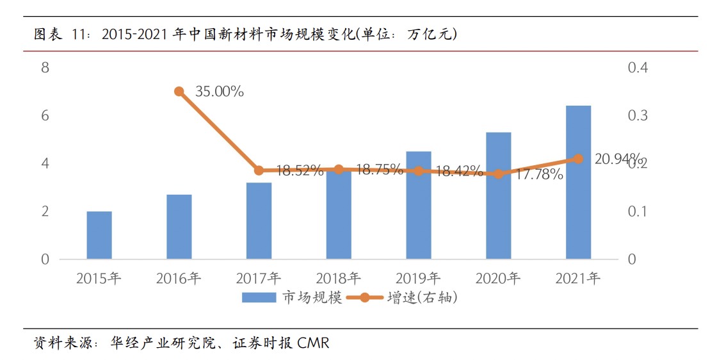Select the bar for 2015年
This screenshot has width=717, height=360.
(99, 235)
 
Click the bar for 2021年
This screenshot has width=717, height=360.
(578, 183)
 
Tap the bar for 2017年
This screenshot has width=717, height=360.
(259, 221)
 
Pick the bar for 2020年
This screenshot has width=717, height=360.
(498, 195)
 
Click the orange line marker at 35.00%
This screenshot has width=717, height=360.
(179, 92)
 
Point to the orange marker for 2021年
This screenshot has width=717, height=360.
(578, 159)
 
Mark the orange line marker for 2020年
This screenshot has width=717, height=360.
(498, 174)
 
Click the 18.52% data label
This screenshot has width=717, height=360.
(299, 170)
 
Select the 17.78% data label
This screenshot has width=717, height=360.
(538, 174)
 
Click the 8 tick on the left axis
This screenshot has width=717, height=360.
(45, 67)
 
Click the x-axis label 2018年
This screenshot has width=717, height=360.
(338, 279)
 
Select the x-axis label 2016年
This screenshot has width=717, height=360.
(179, 279)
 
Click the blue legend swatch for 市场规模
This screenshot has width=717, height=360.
(258, 297)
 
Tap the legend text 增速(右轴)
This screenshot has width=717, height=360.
(423, 297)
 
